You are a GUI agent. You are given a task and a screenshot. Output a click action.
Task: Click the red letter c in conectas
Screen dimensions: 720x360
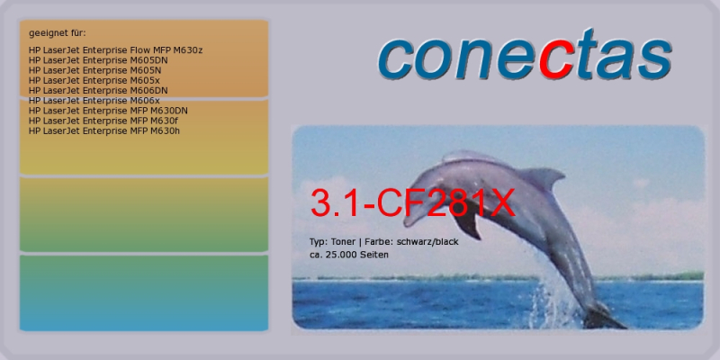pos(555,60)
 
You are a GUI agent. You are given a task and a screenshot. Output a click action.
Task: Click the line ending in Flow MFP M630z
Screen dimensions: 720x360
pos(115,50)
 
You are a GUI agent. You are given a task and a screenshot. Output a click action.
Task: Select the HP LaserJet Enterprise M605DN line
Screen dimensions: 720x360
pos(98,60)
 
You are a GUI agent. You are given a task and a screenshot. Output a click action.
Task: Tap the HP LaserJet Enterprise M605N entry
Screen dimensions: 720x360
pos(94,70)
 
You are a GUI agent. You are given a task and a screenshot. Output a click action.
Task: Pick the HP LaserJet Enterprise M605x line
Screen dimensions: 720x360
pos(94,80)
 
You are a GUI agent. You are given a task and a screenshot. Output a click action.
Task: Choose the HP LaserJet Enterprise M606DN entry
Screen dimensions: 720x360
pos(98,91)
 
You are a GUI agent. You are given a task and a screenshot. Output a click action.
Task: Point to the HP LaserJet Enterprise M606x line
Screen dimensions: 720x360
pos(94,101)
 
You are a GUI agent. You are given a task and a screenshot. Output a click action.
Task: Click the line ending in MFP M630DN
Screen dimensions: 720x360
pos(108,111)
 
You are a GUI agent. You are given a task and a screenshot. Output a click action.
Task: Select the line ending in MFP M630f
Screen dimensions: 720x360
pos(103,121)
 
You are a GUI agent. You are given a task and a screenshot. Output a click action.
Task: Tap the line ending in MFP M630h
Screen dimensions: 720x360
pos(104,130)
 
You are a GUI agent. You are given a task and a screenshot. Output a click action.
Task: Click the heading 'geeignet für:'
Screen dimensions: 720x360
pos(58,33)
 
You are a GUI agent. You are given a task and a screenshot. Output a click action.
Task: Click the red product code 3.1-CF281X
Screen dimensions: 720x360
pos(413,202)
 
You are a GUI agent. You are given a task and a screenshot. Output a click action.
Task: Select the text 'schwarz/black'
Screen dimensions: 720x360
pos(427,241)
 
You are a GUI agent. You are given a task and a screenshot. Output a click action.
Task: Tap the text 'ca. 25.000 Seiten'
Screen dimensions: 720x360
pos(349,255)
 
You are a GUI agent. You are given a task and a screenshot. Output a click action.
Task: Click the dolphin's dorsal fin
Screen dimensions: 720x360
pos(542,177)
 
